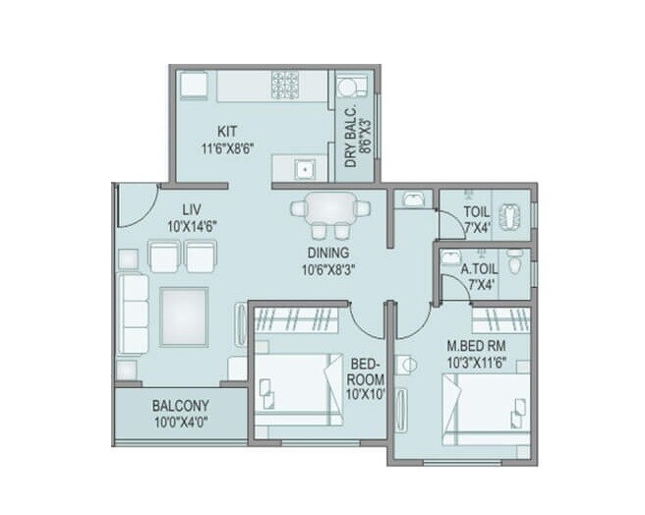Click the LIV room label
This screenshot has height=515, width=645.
pos(192,208)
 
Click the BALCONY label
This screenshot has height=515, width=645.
pos(178,405)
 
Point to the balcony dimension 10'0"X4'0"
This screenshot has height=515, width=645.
pos(179,424)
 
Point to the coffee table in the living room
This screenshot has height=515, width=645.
pos(184,315)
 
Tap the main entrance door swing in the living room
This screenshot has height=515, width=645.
pos(135,203)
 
